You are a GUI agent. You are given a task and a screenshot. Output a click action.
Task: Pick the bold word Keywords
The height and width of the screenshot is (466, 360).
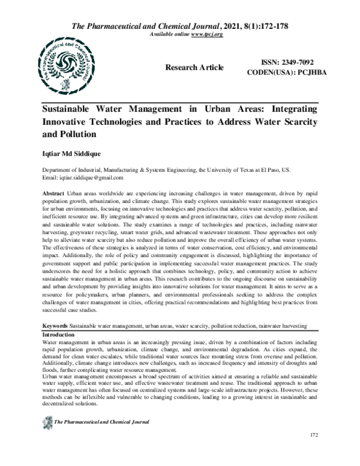(55, 325)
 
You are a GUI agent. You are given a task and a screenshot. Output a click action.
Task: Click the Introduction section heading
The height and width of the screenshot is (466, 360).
(58, 333)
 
